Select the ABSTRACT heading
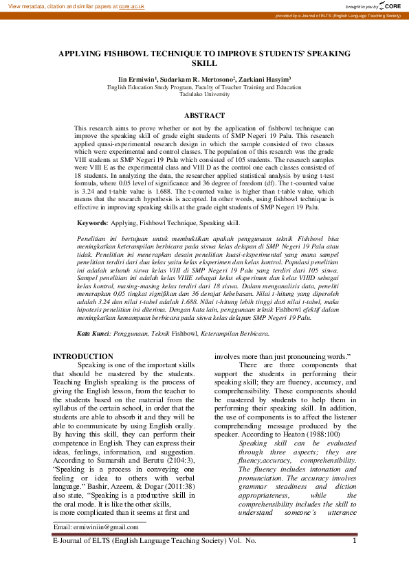coord(204,115)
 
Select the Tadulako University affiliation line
coord(204,95)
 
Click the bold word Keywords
coord(92,223)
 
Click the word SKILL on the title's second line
coord(204,62)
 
